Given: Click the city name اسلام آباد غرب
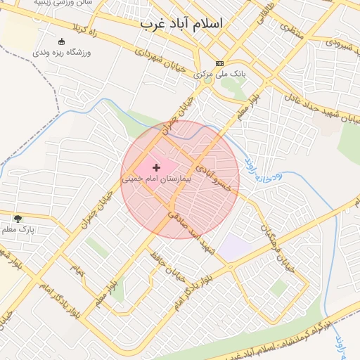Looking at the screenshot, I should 181,23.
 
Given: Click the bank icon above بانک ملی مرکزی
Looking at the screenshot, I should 219,63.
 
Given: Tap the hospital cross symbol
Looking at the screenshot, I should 155,167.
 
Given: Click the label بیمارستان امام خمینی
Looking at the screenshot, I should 161,179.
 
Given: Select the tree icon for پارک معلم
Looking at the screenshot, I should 18,219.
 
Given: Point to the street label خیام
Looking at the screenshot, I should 76,270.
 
